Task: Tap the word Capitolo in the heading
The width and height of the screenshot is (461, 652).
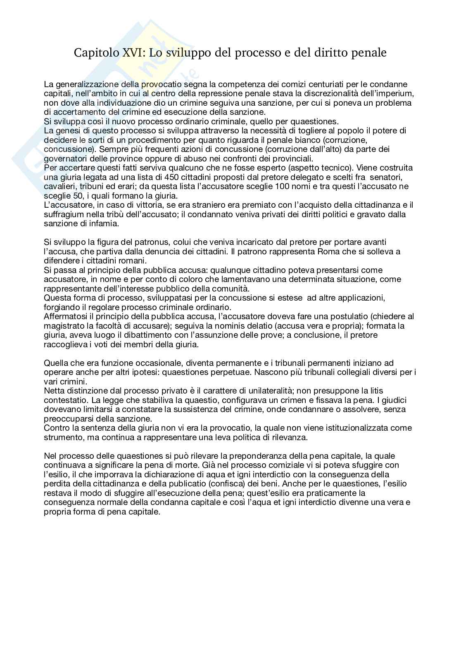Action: (94, 53)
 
